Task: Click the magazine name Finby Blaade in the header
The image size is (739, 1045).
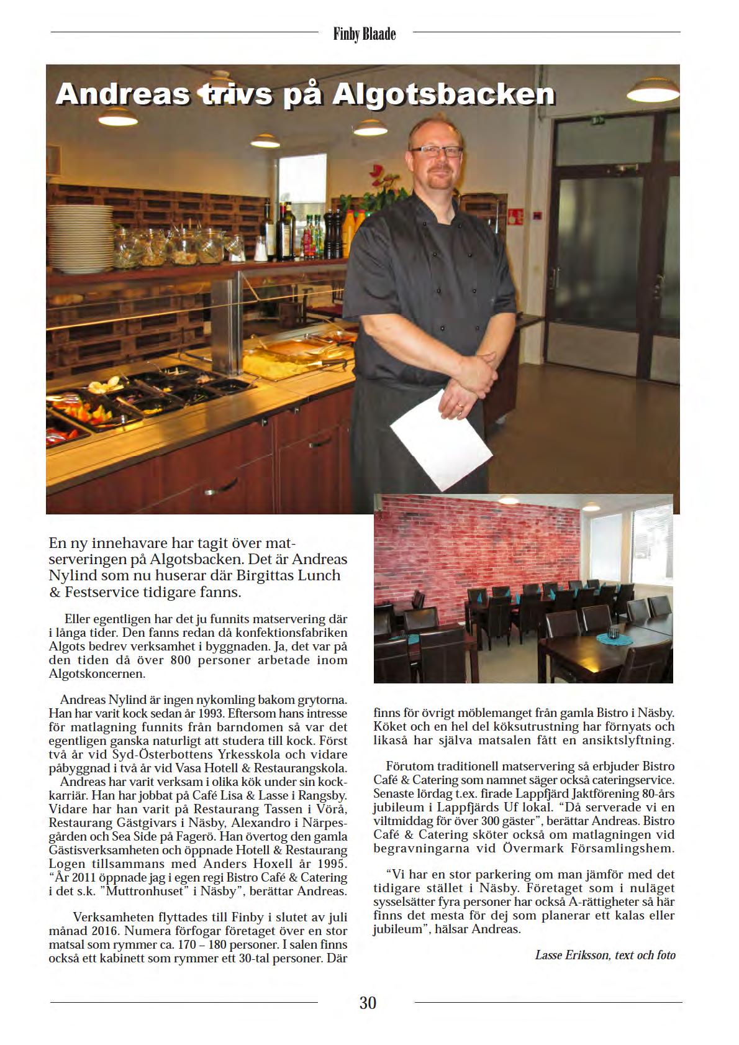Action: point(365,35)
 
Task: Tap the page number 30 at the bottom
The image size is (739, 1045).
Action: point(368,1002)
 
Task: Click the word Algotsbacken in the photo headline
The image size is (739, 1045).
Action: point(443,95)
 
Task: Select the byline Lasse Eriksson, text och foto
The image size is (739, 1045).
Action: point(605,955)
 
